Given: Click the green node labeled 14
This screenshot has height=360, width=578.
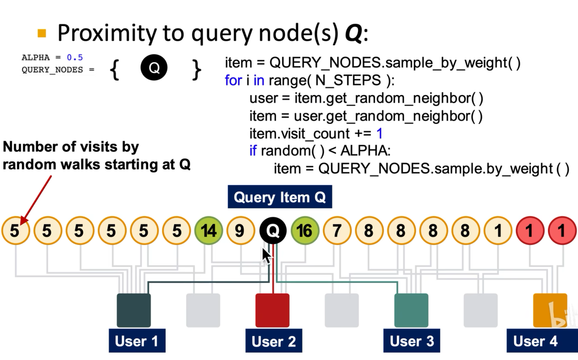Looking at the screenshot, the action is click(x=209, y=230).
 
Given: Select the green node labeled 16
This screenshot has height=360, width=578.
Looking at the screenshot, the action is click(x=305, y=230).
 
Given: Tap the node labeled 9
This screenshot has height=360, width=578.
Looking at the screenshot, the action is click(x=240, y=230).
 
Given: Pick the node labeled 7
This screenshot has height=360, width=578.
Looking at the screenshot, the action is click(x=337, y=230).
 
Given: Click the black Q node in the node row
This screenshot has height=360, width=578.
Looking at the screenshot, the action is click(x=273, y=230).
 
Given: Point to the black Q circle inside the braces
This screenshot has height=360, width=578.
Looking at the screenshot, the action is click(x=154, y=67).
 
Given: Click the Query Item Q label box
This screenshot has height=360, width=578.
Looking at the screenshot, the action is click(x=280, y=196).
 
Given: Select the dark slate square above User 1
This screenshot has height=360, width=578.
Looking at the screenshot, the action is click(x=133, y=310).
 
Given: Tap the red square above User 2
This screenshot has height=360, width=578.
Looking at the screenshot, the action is click(x=273, y=310).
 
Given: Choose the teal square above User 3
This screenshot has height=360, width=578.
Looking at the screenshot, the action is click(x=411, y=310).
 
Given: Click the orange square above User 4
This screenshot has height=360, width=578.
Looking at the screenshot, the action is click(x=550, y=310).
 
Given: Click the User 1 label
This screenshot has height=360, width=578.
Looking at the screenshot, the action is click(x=137, y=341).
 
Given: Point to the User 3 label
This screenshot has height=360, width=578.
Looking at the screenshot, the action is click(x=412, y=341).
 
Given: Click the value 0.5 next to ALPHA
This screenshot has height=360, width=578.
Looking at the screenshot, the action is click(x=75, y=58).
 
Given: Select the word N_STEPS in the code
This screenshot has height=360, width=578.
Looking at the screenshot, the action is click(x=348, y=80).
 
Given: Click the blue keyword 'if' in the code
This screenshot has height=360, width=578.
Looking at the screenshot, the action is click(x=253, y=151).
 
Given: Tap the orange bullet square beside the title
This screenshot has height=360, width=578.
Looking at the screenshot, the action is click(x=42, y=33).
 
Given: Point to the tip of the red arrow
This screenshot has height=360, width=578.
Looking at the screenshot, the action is click(x=20, y=224).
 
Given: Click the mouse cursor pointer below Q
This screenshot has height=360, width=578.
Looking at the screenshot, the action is click(x=266, y=256).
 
